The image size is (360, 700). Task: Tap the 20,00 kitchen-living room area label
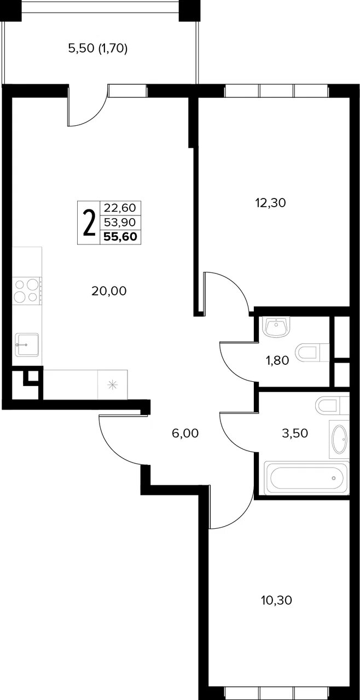pyautogui.click(x=109, y=291)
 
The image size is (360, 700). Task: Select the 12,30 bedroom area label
pyautogui.click(x=271, y=203)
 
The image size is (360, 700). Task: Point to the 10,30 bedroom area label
pyautogui.click(x=276, y=600)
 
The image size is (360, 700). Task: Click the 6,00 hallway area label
pyautogui.click(x=185, y=433)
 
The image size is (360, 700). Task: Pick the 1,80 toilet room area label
pyautogui.click(x=277, y=360)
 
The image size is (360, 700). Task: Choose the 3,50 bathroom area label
pyautogui.click(x=295, y=433)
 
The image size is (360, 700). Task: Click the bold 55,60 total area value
pyautogui.click(x=120, y=237)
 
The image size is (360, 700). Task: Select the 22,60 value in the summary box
pyautogui.click(x=120, y=208)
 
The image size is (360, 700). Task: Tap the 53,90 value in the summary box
pyautogui.click(x=120, y=222)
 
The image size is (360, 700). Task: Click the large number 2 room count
pyautogui.click(x=89, y=223)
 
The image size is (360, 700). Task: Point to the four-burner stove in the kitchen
pyautogui.click(x=27, y=291)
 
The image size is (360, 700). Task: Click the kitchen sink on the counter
pyautogui.click(x=27, y=344)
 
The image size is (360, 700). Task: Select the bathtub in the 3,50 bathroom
pyautogui.click(x=306, y=478)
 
